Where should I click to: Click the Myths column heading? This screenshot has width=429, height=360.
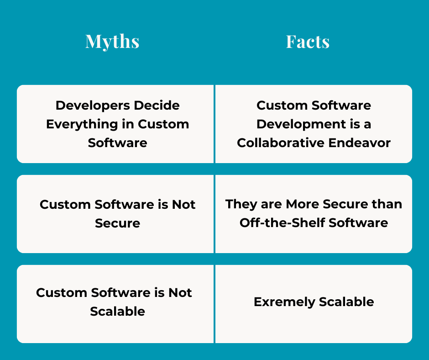tap(112, 42)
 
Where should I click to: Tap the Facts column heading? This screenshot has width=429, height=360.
tap(308, 42)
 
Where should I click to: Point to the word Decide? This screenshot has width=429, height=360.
tap(156, 106)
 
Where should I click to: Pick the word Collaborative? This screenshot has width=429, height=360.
tap(283, 143)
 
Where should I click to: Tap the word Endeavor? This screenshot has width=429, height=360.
tap(362, 143)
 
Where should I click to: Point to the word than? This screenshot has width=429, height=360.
tap(388, 204)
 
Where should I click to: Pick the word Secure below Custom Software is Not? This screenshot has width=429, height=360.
tap(117, 223)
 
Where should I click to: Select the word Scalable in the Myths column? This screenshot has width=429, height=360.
tap(117, 312)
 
